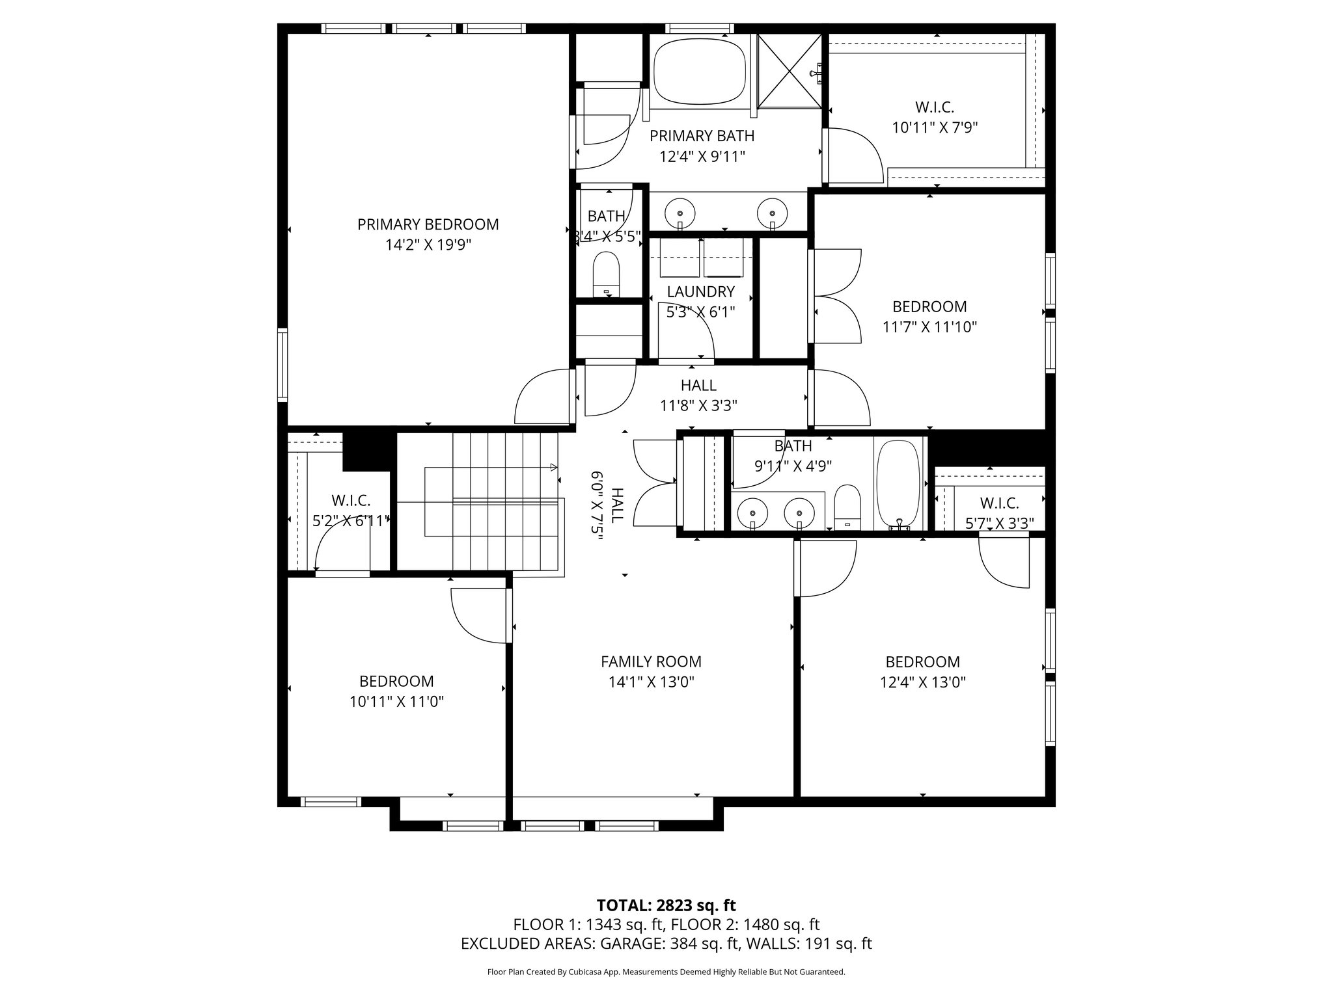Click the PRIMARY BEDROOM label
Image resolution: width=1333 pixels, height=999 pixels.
tap(428, 224)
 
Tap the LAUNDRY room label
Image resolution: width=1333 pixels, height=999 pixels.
tap(700, 292)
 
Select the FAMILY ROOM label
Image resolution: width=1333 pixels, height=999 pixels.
tap(651, 662)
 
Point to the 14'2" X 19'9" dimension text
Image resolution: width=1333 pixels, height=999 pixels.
tap(428, 245)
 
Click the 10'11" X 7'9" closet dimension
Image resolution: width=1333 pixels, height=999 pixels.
tap(935, 127)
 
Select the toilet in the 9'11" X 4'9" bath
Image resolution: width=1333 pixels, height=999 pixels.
tap(847, 506)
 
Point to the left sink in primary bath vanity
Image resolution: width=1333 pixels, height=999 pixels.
tap(680, 213)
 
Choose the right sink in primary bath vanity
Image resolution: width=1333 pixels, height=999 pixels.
tap(772, 213)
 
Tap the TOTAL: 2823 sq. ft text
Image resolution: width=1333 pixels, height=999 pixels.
tap(666, 905)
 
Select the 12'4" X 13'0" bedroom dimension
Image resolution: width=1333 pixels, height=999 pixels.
tap(923, 682)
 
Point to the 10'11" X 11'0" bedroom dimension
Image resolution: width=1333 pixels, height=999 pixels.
tap(396, 702)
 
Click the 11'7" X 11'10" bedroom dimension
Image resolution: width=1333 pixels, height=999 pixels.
tap(929, 327)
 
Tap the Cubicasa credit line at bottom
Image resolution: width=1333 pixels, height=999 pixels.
tap(666, 972)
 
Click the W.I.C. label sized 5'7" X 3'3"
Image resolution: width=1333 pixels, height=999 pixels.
tap(999, 503)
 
